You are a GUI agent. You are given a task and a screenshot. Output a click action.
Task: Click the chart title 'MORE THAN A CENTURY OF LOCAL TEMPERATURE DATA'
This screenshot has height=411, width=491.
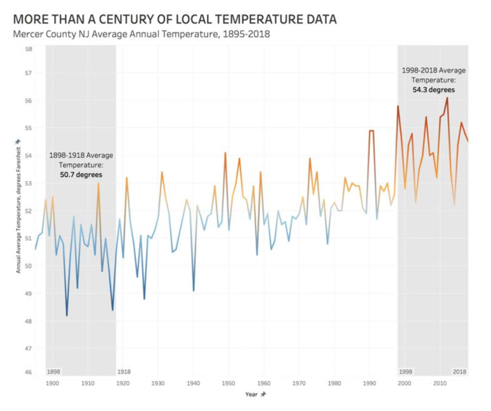[x=175, y=19]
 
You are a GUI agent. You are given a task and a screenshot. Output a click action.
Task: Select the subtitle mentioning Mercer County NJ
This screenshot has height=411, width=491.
[x=142, y=34]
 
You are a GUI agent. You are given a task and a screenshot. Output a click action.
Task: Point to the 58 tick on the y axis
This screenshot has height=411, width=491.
[x=29, y=49]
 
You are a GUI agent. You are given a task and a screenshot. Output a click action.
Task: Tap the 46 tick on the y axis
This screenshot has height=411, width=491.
[x=29, y=372]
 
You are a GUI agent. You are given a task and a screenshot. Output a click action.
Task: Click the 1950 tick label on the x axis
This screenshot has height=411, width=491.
[x=228, y=383]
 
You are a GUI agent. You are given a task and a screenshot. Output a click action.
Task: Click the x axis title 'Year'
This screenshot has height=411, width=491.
[x=251, y=394]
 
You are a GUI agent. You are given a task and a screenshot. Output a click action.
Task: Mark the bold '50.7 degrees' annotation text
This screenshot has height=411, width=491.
[x=81, y=175]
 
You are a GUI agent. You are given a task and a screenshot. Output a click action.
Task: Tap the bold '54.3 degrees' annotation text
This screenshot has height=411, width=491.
[x=434, y=89]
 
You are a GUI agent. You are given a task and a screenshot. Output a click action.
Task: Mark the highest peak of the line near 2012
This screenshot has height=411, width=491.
[x=447, y=98]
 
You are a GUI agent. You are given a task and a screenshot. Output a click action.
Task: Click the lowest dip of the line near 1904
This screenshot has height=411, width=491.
[x=67, y=316]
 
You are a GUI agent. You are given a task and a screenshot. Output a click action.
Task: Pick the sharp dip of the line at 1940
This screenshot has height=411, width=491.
[x=194, y=291]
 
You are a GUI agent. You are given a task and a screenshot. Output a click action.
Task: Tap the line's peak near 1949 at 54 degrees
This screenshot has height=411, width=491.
[x=225, y=153]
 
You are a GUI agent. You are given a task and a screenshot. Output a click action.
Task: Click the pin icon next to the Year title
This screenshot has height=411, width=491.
[x=263, y=394]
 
